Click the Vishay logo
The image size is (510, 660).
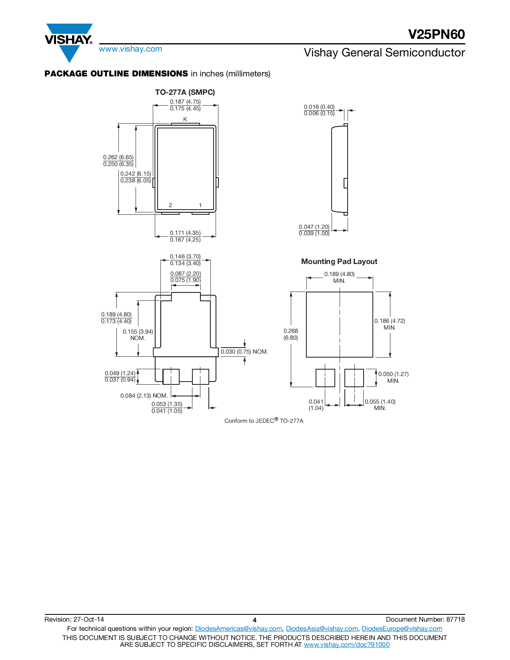point(69,40)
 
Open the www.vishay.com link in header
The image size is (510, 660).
point(130,49)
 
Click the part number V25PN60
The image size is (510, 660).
point(436,34)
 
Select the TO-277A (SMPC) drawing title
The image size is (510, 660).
point(185,92)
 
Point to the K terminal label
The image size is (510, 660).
point(185,119)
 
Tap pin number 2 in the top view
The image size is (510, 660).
point(170,205)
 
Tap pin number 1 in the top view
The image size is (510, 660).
point(200,205)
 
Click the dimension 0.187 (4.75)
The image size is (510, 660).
point(185,102)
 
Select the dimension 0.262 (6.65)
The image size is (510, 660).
point(118,157)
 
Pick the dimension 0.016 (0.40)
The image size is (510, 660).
point(319,107)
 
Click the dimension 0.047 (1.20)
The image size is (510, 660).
point(314,227)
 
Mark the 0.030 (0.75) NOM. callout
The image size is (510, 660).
point(244,352)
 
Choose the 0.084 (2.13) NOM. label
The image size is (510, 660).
point(144,396)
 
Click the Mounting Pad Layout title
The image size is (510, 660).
point(339,262)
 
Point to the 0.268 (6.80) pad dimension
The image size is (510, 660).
point(291,334)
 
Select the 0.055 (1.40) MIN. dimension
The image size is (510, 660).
point(380,404)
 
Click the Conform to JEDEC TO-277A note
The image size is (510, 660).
point(264,421)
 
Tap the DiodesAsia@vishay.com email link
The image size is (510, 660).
point(322,629)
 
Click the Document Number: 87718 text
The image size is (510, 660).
point(425,620)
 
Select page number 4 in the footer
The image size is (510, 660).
point(254,620)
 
